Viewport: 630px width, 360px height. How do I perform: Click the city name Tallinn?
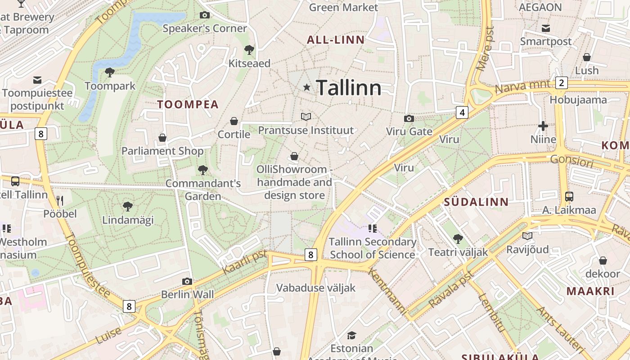click(349, 88)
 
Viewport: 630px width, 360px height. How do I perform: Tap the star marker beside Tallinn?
click(307, 87)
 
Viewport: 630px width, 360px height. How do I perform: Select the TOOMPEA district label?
click(188, 104)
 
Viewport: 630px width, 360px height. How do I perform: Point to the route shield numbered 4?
click(462, 112)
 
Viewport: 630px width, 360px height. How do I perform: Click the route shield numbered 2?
click(561, 83)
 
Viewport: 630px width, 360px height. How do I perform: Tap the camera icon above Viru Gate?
click(409, 118)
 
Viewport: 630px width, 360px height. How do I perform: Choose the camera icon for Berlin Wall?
click(187, 282)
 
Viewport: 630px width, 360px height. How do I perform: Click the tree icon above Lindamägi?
click(128, 207)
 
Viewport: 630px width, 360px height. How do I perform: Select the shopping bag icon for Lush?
click(587, 58)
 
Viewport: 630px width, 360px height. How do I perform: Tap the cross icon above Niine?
click(543, 126)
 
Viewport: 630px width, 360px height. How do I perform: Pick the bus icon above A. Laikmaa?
click(569, 197)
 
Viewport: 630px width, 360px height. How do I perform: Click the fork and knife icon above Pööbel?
click(60, 200)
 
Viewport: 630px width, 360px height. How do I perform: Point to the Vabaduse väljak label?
click(316, 288)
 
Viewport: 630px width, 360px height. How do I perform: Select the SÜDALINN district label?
click(476, 202)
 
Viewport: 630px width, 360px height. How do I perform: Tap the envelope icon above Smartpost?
click(546, 28)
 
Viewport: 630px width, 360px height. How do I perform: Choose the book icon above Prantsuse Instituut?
click(306, 117)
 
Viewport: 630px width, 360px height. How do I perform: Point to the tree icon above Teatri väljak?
click(458, 239)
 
